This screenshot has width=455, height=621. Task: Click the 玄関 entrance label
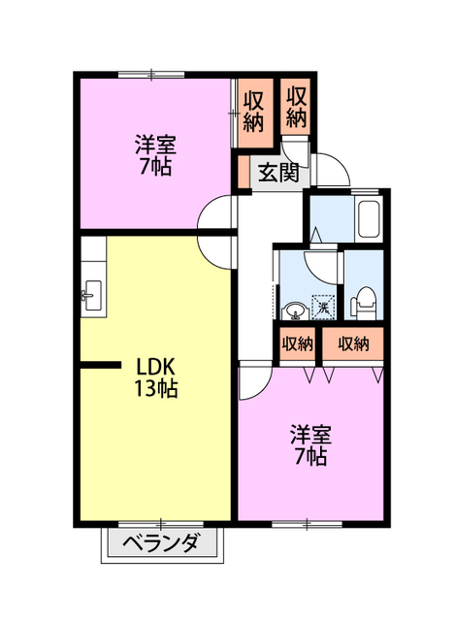(x=278, y=173)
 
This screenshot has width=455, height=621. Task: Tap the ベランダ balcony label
(x=160, y=543)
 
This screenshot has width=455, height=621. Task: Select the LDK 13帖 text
(x=155, y=377)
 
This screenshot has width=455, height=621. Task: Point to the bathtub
(x=369, y=219)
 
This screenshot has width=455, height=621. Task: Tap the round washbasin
(x=295, y=310)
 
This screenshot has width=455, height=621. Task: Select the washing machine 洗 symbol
(x=323, y=307)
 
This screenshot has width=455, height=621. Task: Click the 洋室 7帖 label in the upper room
(x=155, y=155)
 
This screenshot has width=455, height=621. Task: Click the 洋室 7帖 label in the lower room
(x=310, y=445)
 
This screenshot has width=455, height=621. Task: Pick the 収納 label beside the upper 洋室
(x=253, y=112)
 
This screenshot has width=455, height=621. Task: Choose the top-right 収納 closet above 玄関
(x=297, y=107)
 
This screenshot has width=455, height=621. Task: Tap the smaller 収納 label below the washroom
(x=297, y=343)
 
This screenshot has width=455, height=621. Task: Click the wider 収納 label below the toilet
(x=353, y=343)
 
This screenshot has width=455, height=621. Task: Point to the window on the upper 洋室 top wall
(x=151, y=74)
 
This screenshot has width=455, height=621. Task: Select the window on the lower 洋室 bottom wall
(x=307, y=524)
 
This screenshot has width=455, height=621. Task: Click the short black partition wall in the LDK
(x=100, y=365)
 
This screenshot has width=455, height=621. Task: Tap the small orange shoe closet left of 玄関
(x=244, y=173)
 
